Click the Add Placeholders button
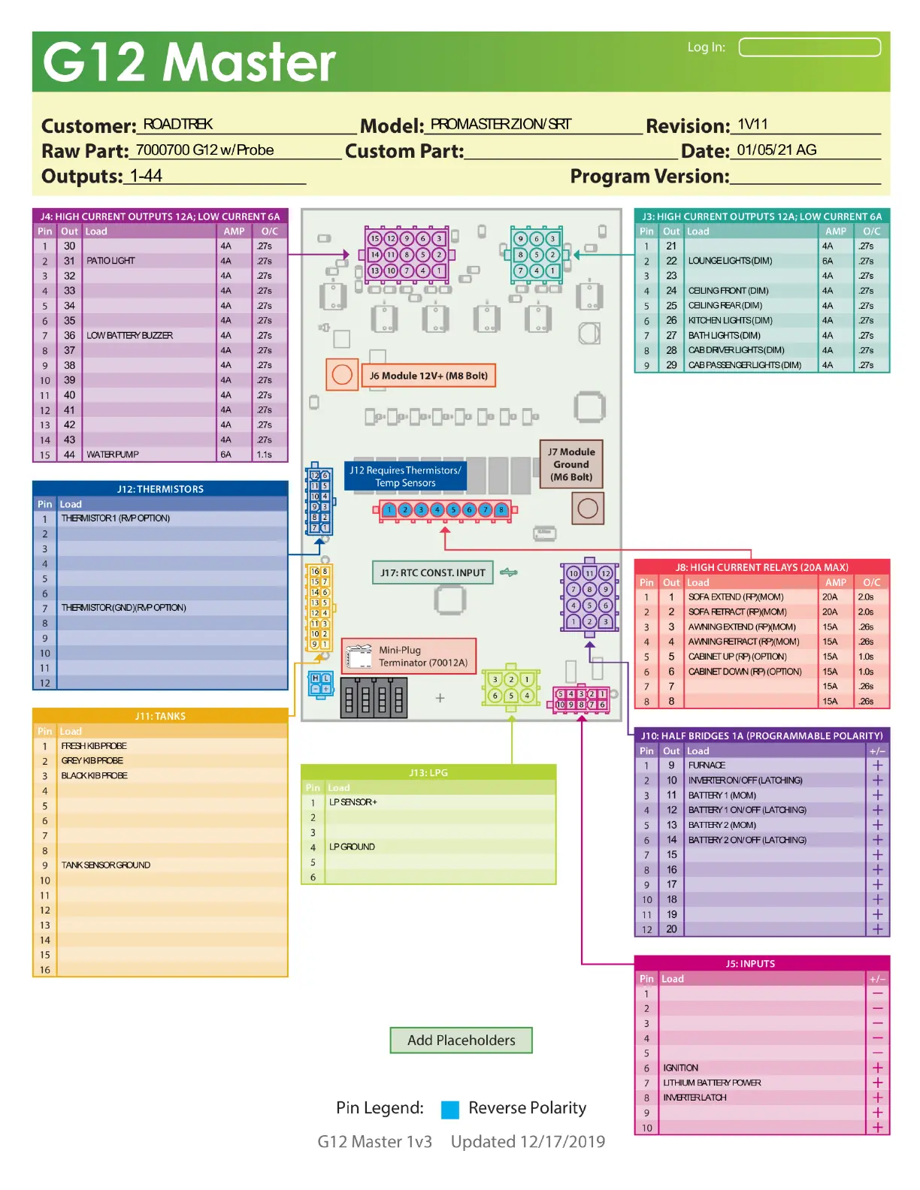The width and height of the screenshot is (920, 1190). [461, 1040]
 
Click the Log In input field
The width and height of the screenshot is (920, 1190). [810, 47]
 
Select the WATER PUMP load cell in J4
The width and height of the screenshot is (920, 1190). [113, 455]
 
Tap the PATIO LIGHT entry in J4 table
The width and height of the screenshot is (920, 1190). [111, 261]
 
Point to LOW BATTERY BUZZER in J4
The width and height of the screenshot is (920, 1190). [130, 336]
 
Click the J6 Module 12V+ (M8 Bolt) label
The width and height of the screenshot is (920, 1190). [428, 376]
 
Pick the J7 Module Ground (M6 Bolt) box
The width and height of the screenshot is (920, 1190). [571, 464]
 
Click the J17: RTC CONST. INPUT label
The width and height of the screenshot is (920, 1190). [433, 572]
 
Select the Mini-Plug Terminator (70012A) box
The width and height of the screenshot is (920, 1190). [410, 657]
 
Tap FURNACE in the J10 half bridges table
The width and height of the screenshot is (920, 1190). [707, 766]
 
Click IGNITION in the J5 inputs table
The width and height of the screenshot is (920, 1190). [681, 1068]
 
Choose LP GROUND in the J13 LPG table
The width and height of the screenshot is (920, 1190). [352, 847]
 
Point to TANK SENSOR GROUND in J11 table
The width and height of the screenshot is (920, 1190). [106, 865]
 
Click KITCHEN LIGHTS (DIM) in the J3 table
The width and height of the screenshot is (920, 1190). [731, 321]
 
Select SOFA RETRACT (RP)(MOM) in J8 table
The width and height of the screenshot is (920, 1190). [737, 612]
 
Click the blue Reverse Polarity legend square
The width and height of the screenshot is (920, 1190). [450, 1110]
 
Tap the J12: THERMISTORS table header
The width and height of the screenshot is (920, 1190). [160, 489]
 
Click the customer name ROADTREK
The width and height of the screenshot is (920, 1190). [178, 125]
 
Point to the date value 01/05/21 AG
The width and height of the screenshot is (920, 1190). [776, 150]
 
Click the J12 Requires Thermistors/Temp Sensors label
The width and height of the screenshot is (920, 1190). [405, 476]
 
